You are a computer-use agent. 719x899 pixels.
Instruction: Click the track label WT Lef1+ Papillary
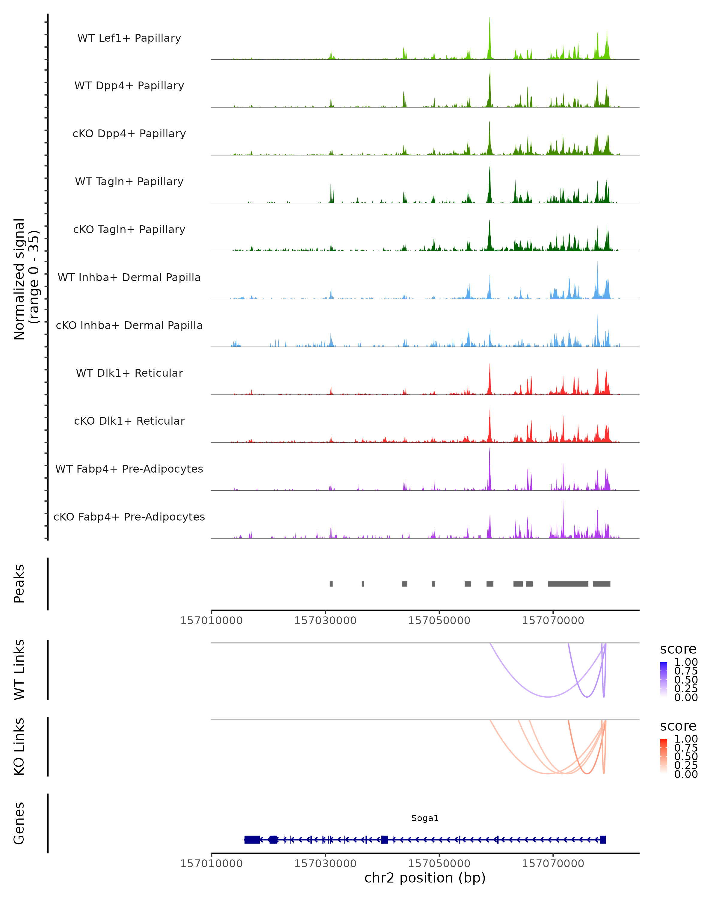tap(129, 38)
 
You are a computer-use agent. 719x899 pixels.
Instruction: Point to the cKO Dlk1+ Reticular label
tap(129, 421)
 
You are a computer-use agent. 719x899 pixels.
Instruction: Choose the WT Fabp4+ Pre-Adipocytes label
tap(129, 469)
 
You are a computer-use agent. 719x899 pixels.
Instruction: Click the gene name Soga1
tap(425, 818)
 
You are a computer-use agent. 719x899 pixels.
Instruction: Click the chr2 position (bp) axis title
tap(425, 878)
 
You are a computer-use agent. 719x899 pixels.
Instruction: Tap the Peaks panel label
tap(19, 584)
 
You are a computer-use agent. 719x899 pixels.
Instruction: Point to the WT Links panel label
tap(19, 670)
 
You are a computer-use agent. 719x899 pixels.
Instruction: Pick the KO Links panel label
tap(19, 746)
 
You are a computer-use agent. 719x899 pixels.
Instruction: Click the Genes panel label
tap(19, 823)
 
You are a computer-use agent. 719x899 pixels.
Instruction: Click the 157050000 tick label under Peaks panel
tap(439, 621)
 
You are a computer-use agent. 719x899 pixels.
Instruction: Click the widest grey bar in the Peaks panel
tap(568, 584)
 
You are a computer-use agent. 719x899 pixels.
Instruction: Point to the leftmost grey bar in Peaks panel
tap(331, 584)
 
